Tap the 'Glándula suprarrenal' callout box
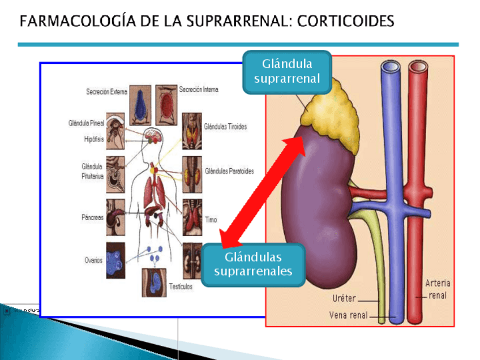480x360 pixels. (x=287, y=71)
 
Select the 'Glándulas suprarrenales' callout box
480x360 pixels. (x=253, y=265)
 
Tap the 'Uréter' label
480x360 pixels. (x=344, y=298)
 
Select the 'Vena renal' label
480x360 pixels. (x=348, y=315)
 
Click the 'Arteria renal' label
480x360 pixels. (x=438, y=289)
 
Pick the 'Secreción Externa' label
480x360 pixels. (x=106, y=92)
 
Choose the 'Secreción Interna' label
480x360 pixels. (x=199, y=89)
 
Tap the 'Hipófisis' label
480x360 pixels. (x=94, y=139)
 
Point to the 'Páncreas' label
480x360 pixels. (x=92, y=217)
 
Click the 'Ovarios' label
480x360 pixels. (x=93, y=260)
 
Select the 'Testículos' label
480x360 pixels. (x=181, y=286)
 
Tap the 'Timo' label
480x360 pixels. (x=211, y=220)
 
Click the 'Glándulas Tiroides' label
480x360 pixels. (x=225, y=127)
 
